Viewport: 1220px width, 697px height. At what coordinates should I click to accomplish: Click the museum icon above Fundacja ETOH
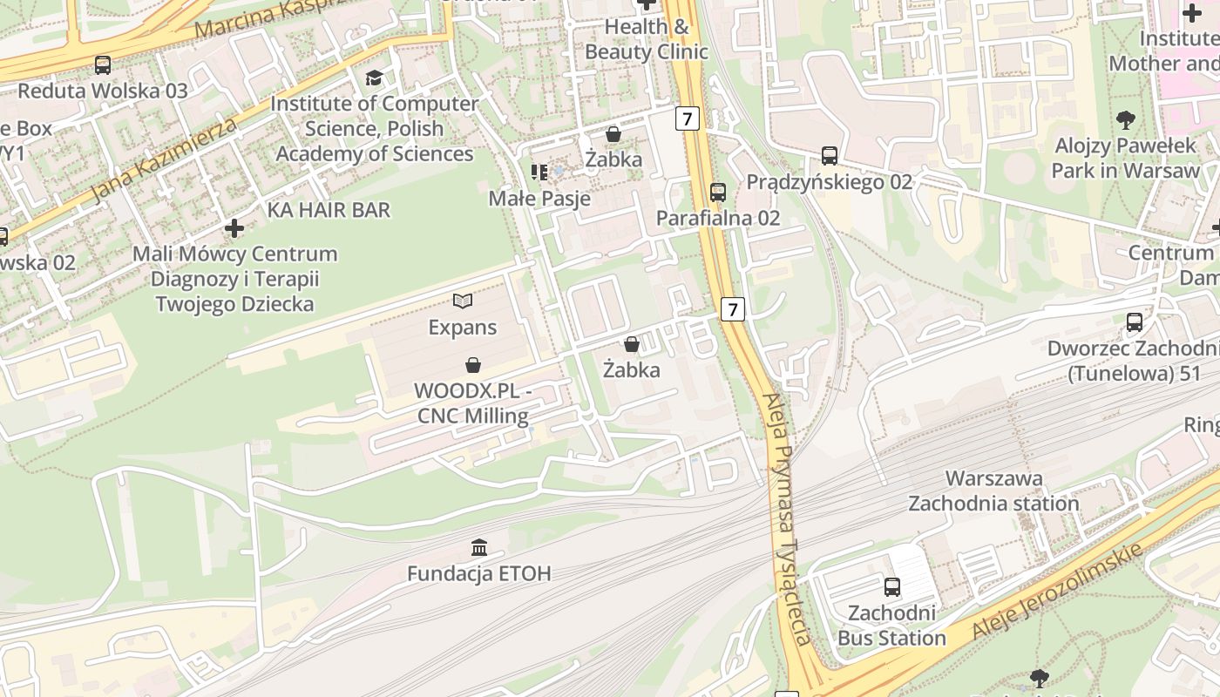(479, 548)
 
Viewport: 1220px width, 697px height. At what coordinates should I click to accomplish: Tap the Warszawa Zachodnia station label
(993, 491)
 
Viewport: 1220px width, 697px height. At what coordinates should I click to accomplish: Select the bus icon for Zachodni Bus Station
(891, 587)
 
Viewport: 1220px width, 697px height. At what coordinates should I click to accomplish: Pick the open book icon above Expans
(463, 301)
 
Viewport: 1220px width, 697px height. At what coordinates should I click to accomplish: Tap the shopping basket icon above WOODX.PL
(473, 364)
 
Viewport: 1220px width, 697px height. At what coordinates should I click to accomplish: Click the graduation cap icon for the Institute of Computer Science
(374, 78)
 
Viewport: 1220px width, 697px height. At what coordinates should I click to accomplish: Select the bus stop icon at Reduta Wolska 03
(103, 64)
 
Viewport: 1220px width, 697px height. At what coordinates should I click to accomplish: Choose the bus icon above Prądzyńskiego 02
(830, 156)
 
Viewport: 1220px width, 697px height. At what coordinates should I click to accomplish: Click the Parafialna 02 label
(718, 218)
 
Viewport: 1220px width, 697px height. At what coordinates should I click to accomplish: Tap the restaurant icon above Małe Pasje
(539, 173)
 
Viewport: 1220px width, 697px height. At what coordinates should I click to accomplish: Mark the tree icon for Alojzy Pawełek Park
(1126, 119)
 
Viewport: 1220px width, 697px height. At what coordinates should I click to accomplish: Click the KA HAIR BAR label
(329, 210)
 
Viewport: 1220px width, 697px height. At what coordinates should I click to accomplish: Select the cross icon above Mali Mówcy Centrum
(234, 228)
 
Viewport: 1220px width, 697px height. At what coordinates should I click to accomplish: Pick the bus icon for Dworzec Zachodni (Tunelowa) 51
(1135, 322)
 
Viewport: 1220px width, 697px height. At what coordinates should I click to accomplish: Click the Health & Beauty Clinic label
(646, 39)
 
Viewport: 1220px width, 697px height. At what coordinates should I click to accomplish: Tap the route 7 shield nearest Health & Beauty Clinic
(688, 118)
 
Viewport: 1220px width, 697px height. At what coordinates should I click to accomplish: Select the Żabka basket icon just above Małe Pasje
(613, 134)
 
